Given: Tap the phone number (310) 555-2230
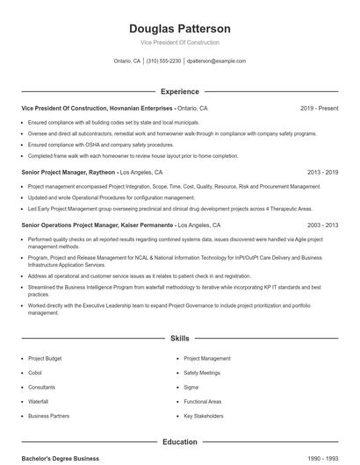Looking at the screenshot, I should (163, 61).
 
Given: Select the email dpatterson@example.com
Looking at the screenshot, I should (217, 61).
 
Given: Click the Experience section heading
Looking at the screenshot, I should (179, 91).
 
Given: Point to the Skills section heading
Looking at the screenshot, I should (179, 338).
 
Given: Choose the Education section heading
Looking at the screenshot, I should (179, 442).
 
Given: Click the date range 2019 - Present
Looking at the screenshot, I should (319, 108).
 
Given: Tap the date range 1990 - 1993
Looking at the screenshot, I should (322, 459).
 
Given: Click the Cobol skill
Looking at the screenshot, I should (36, 373).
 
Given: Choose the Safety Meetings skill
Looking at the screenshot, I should (202, 373).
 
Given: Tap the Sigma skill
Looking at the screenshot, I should (191, 387).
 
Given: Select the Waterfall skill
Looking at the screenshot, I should (39, 401).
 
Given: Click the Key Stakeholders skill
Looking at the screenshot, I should (204, 416).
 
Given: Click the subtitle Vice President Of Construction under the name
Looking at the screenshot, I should (179, 42).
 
